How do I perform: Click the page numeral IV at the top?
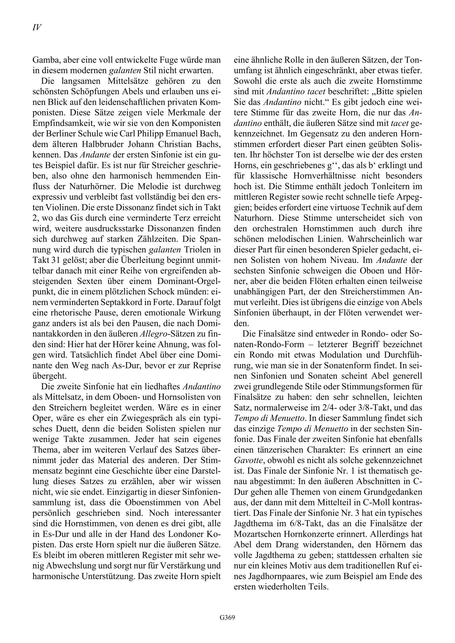(x=37, y=27)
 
